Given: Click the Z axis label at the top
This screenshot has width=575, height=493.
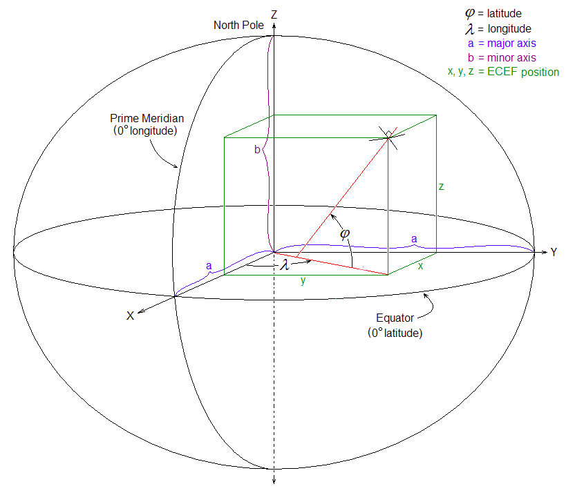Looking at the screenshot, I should pos(275,14).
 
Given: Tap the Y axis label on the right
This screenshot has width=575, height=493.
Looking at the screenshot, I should pos(554,253).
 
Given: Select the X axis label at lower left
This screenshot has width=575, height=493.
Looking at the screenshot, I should pos(130,316).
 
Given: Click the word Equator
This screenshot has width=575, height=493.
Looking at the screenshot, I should pos(395,318).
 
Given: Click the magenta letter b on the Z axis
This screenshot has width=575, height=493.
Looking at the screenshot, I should pos(257,150).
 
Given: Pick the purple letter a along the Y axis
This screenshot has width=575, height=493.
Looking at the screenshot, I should pos(414,238).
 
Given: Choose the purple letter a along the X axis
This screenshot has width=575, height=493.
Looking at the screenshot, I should pos(209,265).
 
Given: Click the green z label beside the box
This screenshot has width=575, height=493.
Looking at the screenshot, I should pos(441,186).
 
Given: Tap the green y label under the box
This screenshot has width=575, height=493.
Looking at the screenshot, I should pos(302,280).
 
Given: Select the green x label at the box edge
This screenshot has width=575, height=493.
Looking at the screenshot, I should pos(420,266).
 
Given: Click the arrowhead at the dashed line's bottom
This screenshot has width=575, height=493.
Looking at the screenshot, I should pos(275,482).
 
